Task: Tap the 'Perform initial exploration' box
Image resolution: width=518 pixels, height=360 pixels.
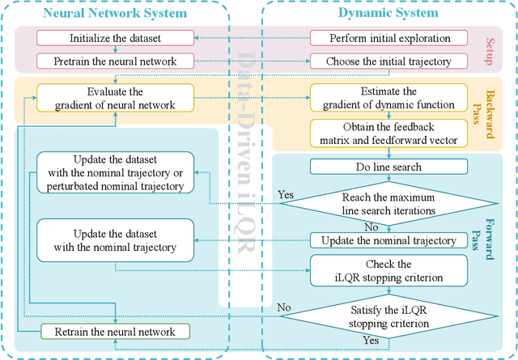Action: pos(389,38)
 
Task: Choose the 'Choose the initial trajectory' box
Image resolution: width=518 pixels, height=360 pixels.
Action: pos(389,61)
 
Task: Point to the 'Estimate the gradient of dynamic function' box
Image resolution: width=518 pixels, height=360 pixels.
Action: pos(389,98)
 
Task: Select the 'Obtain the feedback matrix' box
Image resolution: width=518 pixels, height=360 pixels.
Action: pos(389,133)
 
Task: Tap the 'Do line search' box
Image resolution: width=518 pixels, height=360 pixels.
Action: pos(389,167)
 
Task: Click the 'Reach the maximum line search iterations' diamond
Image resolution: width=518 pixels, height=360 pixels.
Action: pos(389,204)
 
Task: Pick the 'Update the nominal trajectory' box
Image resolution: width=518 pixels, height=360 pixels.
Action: pos(389,240)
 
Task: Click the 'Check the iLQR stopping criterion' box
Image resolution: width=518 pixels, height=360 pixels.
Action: pos(389,271)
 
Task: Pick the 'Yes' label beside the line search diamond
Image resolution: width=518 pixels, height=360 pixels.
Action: pos(286,195)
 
